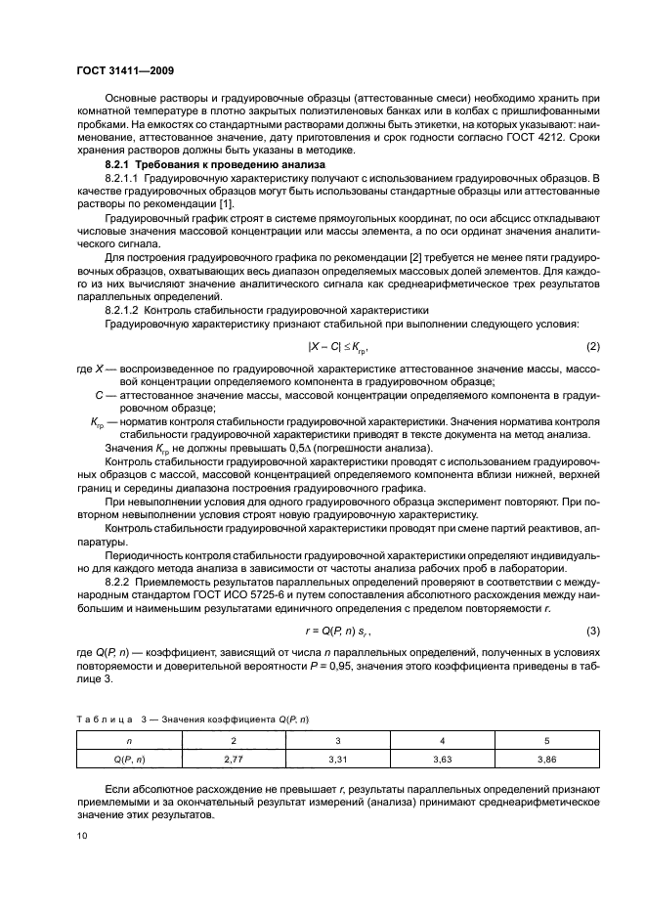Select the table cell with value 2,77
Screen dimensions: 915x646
click(233, 757)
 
